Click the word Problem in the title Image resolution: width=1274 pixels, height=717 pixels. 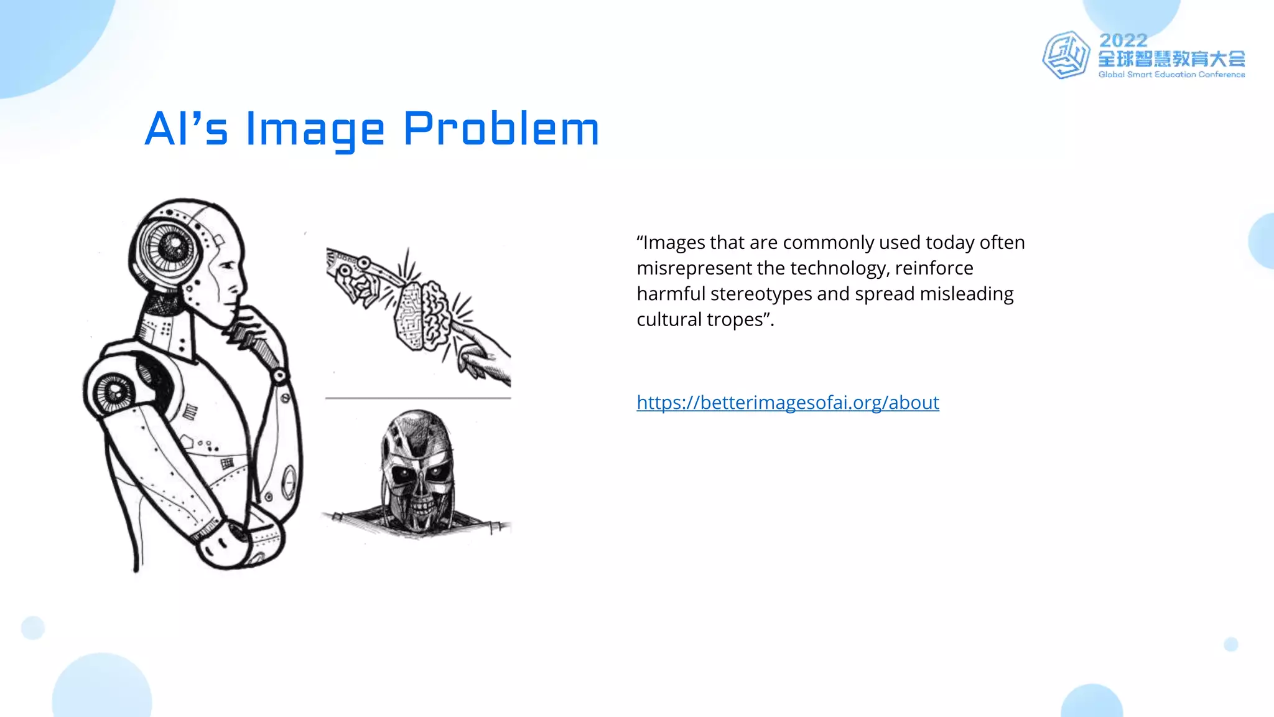501,129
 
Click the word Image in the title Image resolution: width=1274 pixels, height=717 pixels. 315,129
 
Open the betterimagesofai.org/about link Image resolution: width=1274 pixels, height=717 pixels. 788,403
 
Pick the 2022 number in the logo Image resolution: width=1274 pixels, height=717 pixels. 1123,40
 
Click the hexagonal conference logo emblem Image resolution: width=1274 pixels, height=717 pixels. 1066,55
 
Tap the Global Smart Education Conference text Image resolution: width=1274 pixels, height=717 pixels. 1171,75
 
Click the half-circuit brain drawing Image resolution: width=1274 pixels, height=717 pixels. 421,314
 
